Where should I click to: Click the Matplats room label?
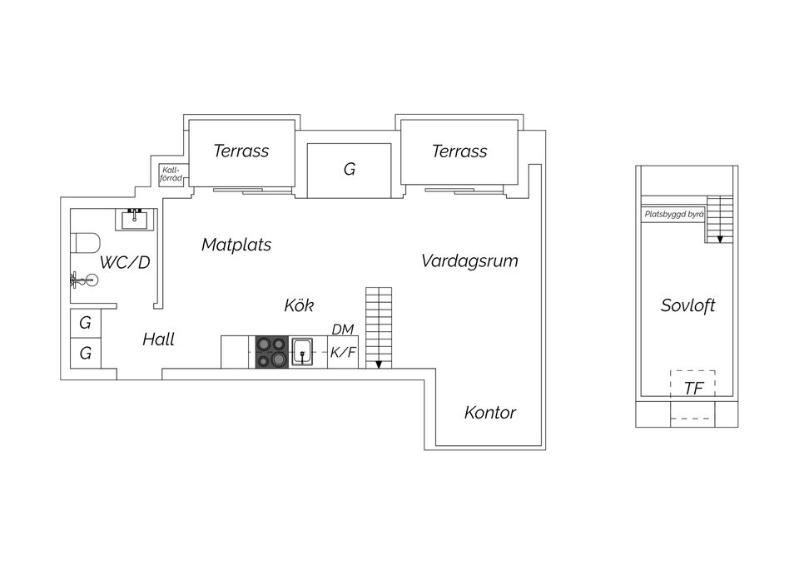236,245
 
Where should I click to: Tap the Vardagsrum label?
469,260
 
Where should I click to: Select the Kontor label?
490,413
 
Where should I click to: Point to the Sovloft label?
687,305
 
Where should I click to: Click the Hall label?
158,339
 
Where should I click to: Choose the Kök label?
299,305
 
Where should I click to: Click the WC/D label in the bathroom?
125,263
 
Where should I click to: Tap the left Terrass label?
241,151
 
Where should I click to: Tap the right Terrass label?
459,151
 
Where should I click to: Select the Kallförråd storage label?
171,174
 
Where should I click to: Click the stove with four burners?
270,352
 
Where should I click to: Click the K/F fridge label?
343,353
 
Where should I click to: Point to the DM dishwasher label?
343,330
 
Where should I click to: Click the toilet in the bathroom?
85,243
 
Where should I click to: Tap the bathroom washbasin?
136,219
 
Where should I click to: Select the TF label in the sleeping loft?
693,388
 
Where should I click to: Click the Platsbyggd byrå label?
673,214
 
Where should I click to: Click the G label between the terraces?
350,170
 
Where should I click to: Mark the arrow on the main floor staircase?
379,363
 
